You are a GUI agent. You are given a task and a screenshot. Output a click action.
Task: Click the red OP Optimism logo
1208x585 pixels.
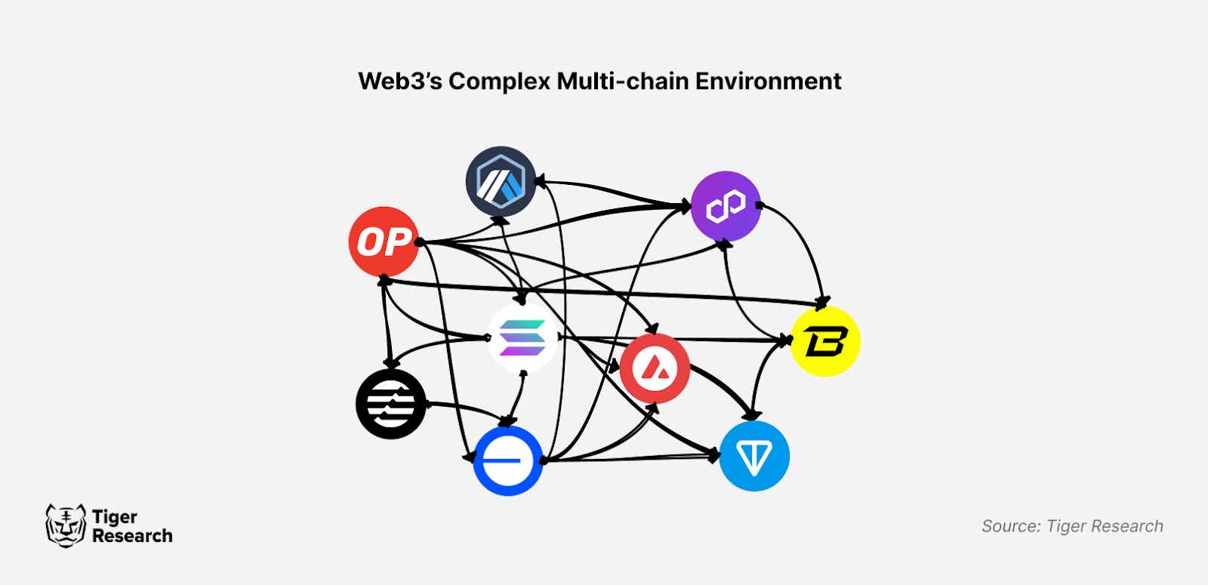pos(384,242)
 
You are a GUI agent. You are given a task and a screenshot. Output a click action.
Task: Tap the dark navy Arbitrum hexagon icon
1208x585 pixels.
pos(501,182)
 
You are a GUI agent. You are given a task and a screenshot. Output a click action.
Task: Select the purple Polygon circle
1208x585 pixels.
pos(726,206)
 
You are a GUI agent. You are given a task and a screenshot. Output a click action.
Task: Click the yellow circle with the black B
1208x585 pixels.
pos(825,341)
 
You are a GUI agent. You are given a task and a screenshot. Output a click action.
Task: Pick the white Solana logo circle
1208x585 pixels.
pos(522,337)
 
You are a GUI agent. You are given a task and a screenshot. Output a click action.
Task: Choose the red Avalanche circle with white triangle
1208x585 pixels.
pos(654,368)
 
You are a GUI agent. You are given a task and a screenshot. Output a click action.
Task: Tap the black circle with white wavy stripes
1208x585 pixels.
pos(390,404)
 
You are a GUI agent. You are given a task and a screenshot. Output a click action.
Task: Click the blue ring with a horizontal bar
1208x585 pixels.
pos(508,460)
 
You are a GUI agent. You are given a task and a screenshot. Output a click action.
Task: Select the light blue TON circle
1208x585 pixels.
pos(754,456)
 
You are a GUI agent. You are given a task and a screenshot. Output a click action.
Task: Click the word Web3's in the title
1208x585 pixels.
pos(399,81)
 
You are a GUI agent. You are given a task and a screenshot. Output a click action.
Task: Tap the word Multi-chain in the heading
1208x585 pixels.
pos(622,81)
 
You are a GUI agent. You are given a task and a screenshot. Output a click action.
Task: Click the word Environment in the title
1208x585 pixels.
pos(768,81)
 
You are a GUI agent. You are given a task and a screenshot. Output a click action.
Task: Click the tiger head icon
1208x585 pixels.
pos(66,525)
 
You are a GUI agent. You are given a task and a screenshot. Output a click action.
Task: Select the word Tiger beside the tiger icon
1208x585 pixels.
pos(115,517)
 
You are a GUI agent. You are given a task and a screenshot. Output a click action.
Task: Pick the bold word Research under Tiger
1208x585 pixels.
pos(132,536)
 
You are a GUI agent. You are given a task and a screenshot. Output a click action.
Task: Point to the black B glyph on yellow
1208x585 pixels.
pos(826,341)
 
